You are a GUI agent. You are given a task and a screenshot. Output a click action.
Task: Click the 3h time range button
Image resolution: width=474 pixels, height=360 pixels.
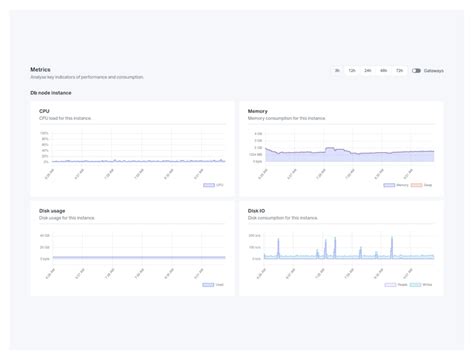point(337,71)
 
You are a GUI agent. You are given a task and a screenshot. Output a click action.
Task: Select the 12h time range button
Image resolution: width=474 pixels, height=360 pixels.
point(352,71)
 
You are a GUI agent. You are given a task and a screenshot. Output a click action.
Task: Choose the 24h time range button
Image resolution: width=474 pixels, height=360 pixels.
point(368,71)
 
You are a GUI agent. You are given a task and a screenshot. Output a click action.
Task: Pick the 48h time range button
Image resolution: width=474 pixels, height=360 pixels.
point(383,71)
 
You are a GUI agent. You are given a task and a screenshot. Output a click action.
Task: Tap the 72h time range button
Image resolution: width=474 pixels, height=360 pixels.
point(399,71)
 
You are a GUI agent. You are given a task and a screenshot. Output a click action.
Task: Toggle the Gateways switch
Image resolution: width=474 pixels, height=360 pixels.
point(416,71)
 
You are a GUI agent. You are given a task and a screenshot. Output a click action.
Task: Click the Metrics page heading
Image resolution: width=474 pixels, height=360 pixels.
point(41,69)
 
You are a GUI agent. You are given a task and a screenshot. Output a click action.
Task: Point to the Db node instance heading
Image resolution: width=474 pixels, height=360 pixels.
point(51,92)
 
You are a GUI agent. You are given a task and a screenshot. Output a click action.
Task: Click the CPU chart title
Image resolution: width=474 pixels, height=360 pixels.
point(44,111)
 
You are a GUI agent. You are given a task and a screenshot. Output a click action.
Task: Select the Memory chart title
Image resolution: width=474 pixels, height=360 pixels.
point(257,111)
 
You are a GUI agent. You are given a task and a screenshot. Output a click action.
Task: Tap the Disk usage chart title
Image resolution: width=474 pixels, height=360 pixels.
point(52,211)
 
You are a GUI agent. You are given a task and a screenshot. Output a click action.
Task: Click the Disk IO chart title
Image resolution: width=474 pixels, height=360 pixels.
point(257,211)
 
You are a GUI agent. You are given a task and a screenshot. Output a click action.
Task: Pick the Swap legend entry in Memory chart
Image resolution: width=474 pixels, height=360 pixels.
point(424,185)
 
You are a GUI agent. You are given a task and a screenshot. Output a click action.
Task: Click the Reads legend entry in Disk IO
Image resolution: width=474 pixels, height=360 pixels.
point(395,285)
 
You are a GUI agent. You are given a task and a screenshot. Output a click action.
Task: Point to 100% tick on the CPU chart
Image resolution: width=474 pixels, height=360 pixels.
point(44,133)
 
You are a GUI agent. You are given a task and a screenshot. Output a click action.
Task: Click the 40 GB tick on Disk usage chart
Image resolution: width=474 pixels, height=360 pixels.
point(44,236)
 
